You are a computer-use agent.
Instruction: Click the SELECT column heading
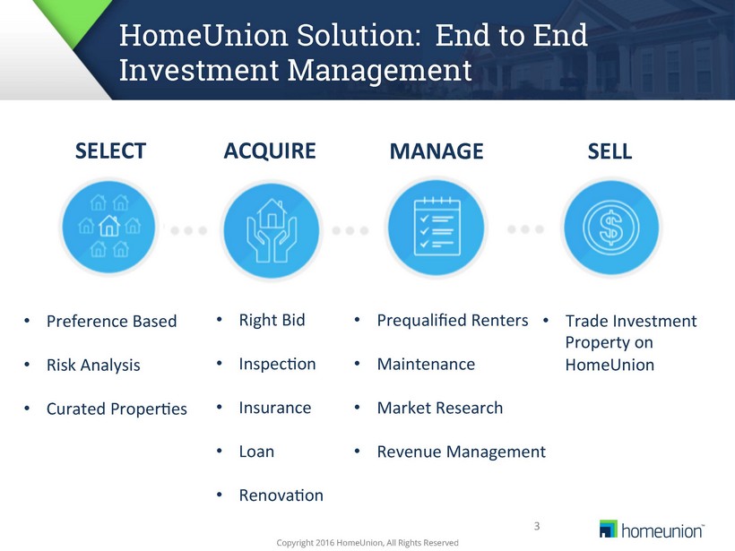(110, 151)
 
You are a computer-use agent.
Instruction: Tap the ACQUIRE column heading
(270, 151)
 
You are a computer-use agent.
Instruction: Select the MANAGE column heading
(437, 151)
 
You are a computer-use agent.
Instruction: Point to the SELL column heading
(610, 151)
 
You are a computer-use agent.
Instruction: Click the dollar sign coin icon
(610, 228)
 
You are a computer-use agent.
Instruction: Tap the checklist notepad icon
(437, 227)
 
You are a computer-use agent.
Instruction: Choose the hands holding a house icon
(272, 230)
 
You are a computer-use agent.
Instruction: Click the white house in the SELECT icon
(109, 226)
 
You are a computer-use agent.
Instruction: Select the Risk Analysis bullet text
(93, 365)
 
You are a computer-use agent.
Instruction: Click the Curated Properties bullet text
(117, 409)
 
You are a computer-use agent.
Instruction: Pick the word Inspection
(278, 364)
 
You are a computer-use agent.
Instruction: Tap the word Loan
(256, 452)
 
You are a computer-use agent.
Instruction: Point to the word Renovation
(281, 495)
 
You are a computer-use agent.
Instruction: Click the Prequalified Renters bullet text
(453, 321)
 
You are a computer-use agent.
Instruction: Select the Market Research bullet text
(440, 408)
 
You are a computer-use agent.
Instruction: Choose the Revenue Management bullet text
(462, 452)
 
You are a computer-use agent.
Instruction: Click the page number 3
(537, 526)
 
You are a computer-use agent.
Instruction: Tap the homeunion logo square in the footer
(609, 529)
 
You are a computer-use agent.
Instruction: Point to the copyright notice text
(367, 543)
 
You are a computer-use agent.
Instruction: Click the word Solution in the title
(359, 35)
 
